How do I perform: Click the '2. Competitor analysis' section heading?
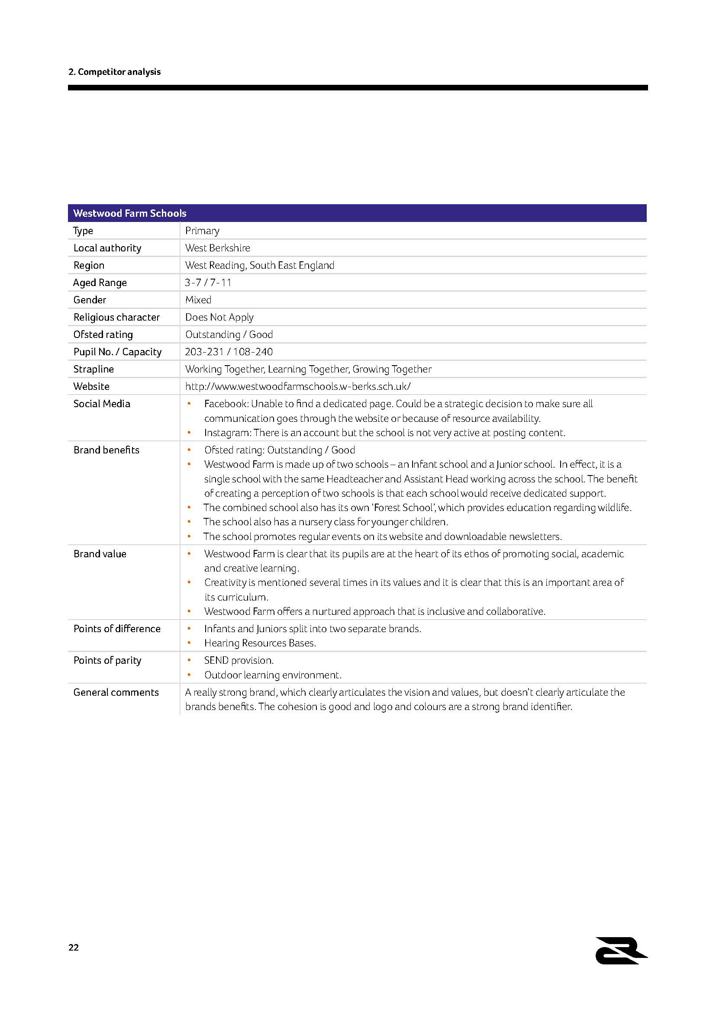pos(114,72)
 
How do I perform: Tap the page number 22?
pos(74,947)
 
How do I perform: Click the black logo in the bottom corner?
pos(621,951)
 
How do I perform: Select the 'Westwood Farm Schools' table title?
pos(130,213)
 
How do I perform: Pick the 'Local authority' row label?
pos(107,248)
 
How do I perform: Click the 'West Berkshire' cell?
pos(217,248)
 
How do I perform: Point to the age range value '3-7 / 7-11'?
pos(208,283)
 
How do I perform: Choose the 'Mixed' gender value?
pos(198,300)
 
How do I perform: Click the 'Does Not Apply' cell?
pos(219,317)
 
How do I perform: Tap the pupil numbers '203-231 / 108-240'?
pos(229,352)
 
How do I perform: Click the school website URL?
pos(298,386)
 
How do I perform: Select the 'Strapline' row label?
pos(94,369)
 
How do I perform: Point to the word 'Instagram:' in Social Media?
pos(228,433)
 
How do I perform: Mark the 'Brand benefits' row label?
pos(106,450)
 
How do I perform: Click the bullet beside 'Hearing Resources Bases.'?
pos(189,643)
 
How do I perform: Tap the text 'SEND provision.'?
pos(239,660)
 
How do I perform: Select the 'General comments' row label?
pos(116,692)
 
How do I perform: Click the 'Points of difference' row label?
pos(117,629)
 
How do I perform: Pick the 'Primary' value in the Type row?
pos(202,231)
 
